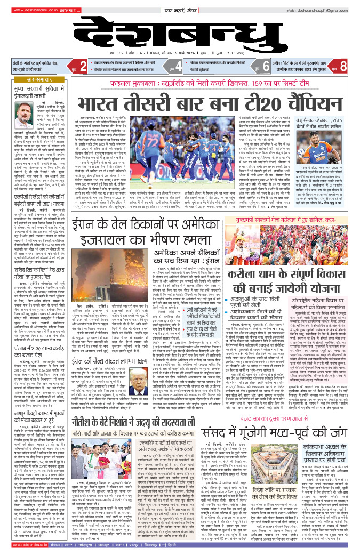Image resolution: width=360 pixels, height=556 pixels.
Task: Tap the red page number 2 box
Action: [x=83, y=66]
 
